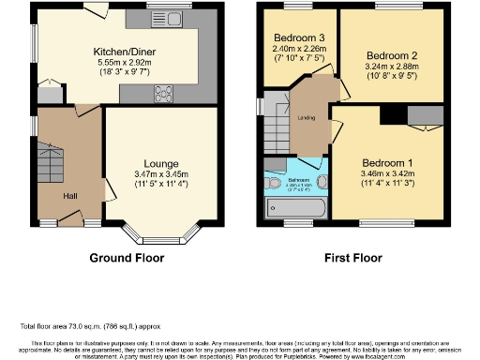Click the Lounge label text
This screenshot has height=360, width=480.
pos(155,163)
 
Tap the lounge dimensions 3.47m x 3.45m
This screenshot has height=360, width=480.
pos(155,175)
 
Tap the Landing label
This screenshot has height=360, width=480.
pos(305,117)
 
